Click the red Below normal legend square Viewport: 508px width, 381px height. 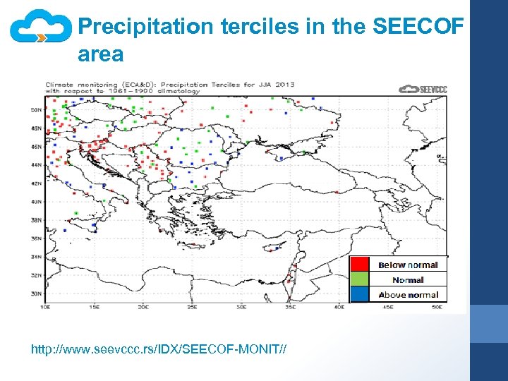(360, 265)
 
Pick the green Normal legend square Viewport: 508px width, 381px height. (360, 279)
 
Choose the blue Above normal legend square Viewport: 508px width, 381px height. (360, 294)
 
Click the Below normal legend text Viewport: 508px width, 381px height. (408, 265)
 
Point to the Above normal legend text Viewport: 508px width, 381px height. (408, 295)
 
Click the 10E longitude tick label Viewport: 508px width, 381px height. (46, 307)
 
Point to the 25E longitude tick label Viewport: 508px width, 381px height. (193, 307)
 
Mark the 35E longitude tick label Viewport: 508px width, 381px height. (290, 307)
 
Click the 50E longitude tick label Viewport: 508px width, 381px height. (437, 307)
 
